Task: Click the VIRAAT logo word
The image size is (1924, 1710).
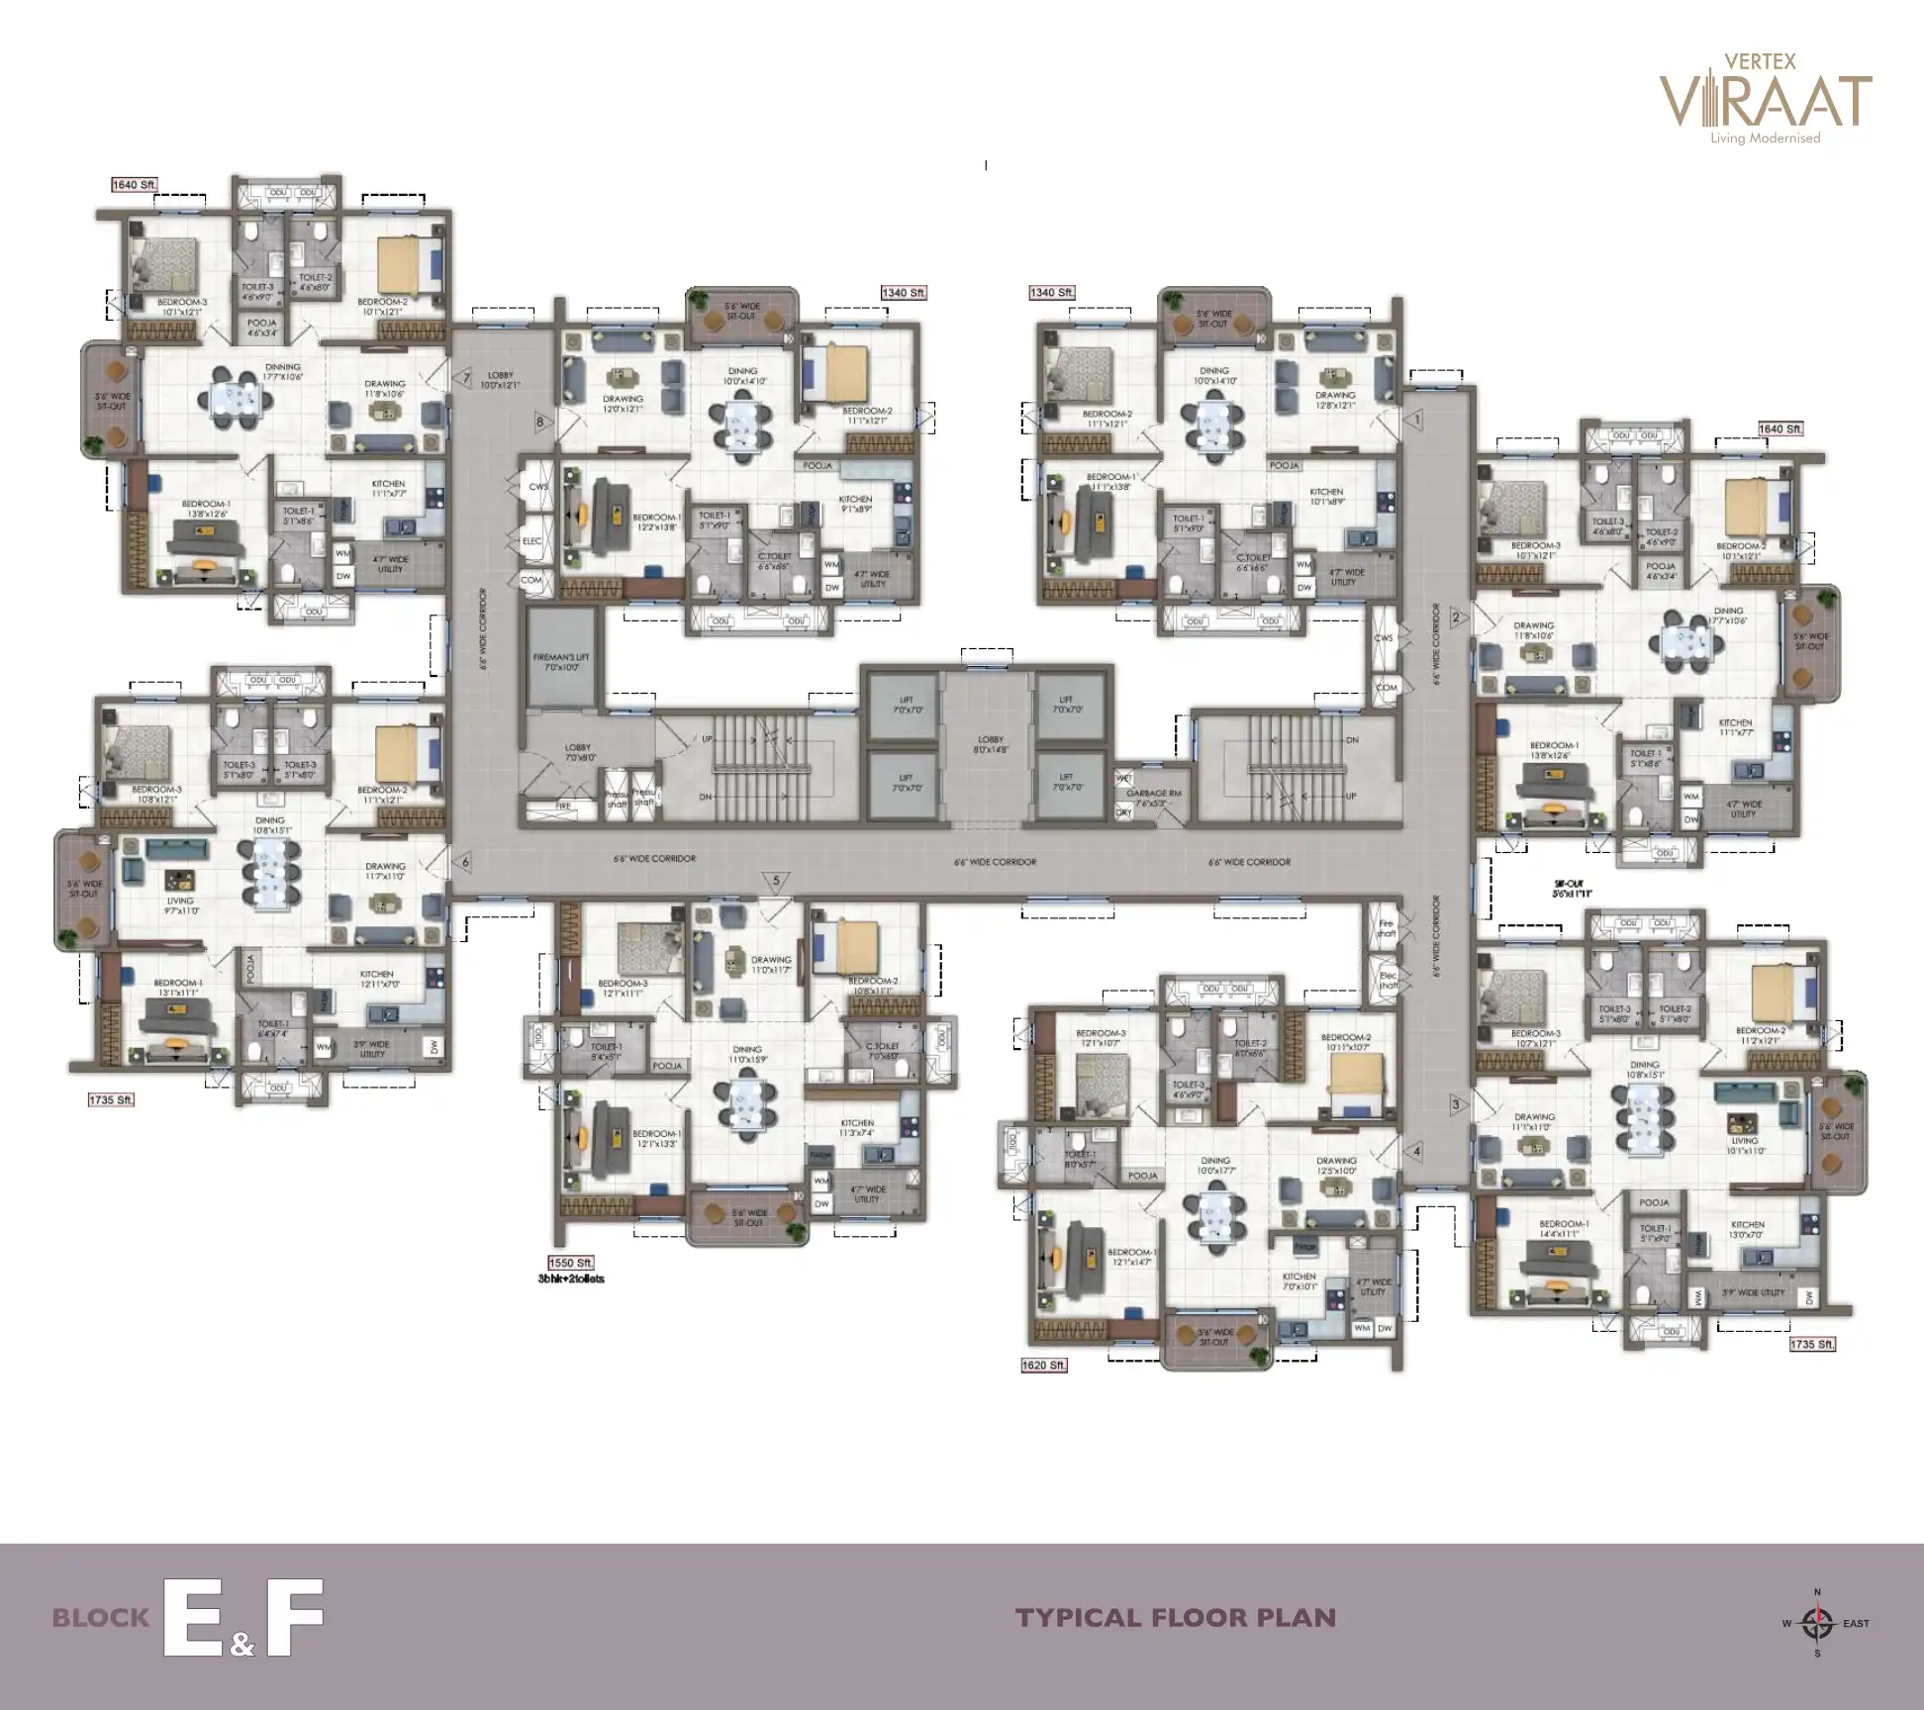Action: coord(1765,101)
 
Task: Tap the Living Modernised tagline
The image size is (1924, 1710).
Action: coord(1766,139)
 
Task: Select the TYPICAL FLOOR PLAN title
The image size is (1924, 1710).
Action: coord(1176,1618)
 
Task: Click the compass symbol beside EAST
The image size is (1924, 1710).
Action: coord(1816,1623)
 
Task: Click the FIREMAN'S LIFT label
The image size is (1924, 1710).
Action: coord(563,661)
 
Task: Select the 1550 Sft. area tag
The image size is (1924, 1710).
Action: coord(571,1263)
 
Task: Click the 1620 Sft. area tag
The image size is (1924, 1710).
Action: coord(1044,1366)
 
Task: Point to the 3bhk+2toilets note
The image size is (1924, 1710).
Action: coord(571,1279)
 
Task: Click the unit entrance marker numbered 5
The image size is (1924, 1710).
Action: coord(776,881)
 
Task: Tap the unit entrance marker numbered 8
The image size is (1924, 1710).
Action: coord(539,422)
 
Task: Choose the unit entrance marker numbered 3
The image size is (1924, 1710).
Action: coord(1456,1104)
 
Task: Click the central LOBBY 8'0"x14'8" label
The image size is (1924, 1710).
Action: coord(990,744)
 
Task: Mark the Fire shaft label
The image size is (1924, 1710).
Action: coord(1386,928)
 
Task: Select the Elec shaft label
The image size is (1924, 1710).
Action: coord(1388,980)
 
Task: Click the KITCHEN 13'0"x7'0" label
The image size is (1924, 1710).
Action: coord(1747,1230)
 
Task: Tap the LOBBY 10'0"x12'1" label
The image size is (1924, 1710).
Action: coord(501,380)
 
